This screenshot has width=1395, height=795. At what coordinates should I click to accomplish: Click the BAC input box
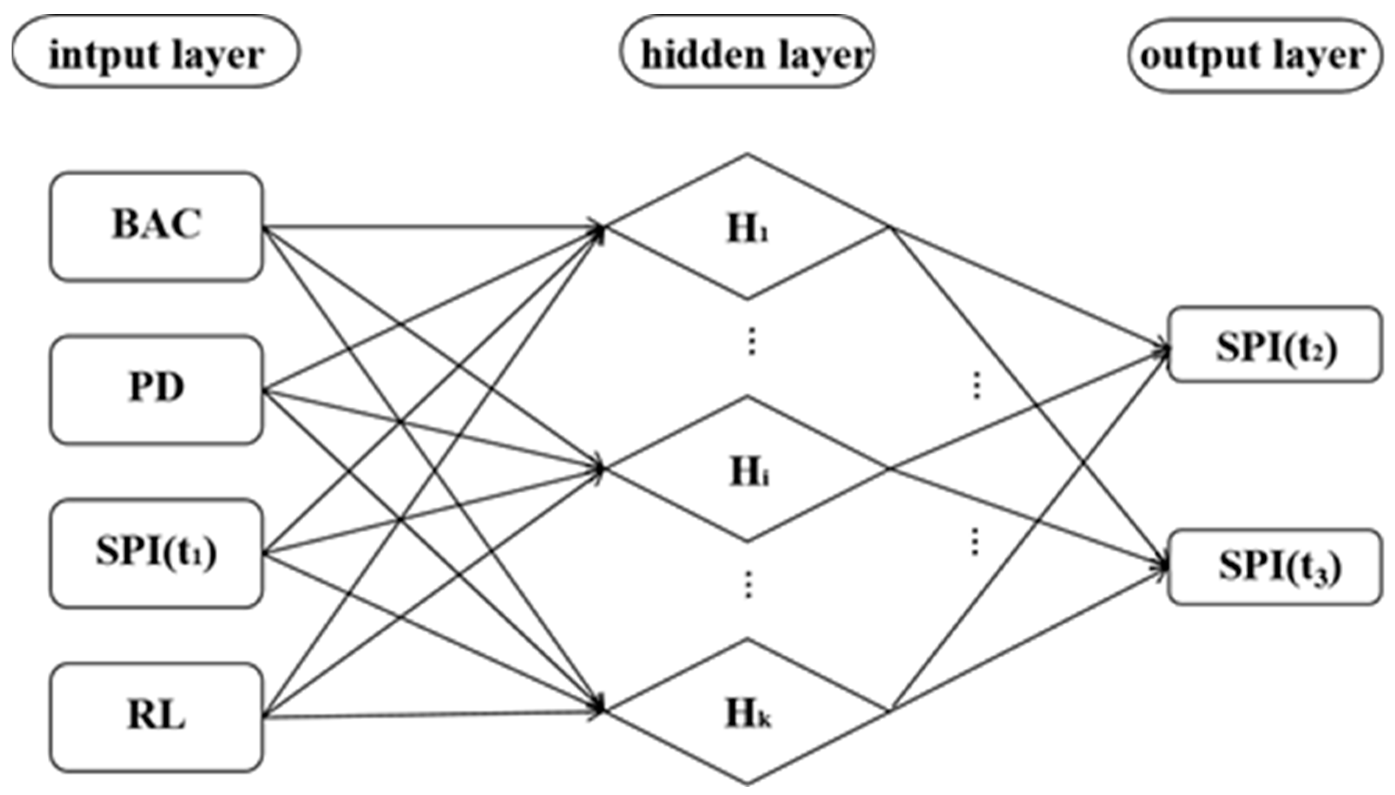point(156,226)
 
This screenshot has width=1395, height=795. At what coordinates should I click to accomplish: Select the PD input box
point(156,389)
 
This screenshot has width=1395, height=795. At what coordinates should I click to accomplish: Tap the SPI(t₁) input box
point(156,553)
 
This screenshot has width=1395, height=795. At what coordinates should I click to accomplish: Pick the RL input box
point(156,717)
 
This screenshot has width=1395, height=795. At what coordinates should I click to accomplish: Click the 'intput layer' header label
point(156,53)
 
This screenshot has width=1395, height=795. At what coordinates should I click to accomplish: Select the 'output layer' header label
point(1255,55)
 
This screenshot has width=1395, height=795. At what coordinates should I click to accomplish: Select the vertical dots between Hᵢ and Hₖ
point(748,585)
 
